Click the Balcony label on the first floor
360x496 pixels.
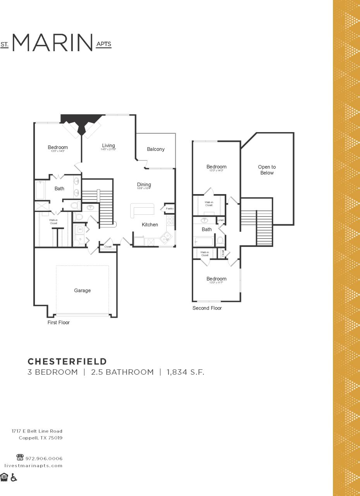point(155,149)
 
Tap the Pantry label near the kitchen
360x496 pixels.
point(169,208)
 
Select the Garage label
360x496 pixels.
point(82,291)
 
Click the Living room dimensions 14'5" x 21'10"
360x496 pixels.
point(109,149)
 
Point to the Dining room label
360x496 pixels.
point(144,184)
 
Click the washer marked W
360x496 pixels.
point(80,229)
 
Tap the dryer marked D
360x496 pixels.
point(80,239)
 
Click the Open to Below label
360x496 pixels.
point(267,170)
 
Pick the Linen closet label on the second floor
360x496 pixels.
point(220,220)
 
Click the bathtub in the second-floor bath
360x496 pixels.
point(203,242)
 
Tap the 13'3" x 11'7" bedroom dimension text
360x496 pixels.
point(216,282)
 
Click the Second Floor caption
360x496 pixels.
point(207,308)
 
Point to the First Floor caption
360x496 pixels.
point(59,322)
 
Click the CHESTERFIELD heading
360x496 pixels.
point(67,361)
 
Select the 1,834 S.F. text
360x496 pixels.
point(185,372)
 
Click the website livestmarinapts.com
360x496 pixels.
point(33,465)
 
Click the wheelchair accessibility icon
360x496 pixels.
point(14,477)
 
